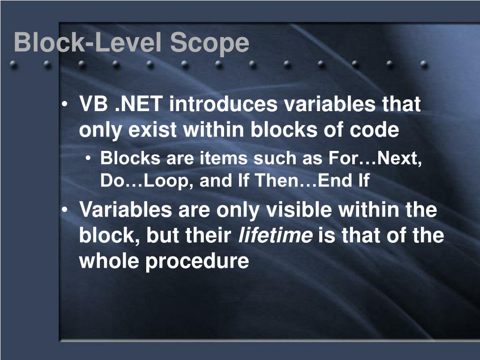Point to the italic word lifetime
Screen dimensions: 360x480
click(x=276, y=235)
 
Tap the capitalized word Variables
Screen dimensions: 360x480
click(x=125, y=210)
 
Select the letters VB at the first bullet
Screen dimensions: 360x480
click(x=93, y=105)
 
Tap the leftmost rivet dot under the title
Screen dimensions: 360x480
click(x=14, y=65)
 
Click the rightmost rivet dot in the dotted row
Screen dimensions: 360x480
click(x=424, y=64)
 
